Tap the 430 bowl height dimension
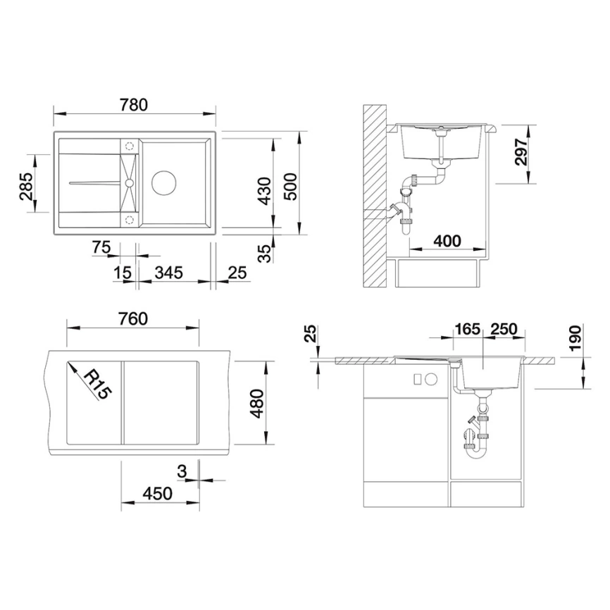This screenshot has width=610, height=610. tap(264, 190)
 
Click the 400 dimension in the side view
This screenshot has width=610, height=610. tap(447, 241)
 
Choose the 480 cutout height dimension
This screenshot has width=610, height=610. tap(259, 402)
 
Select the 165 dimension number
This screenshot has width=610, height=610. tap(466, 329)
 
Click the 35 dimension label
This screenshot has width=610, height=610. tap(264, 254)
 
